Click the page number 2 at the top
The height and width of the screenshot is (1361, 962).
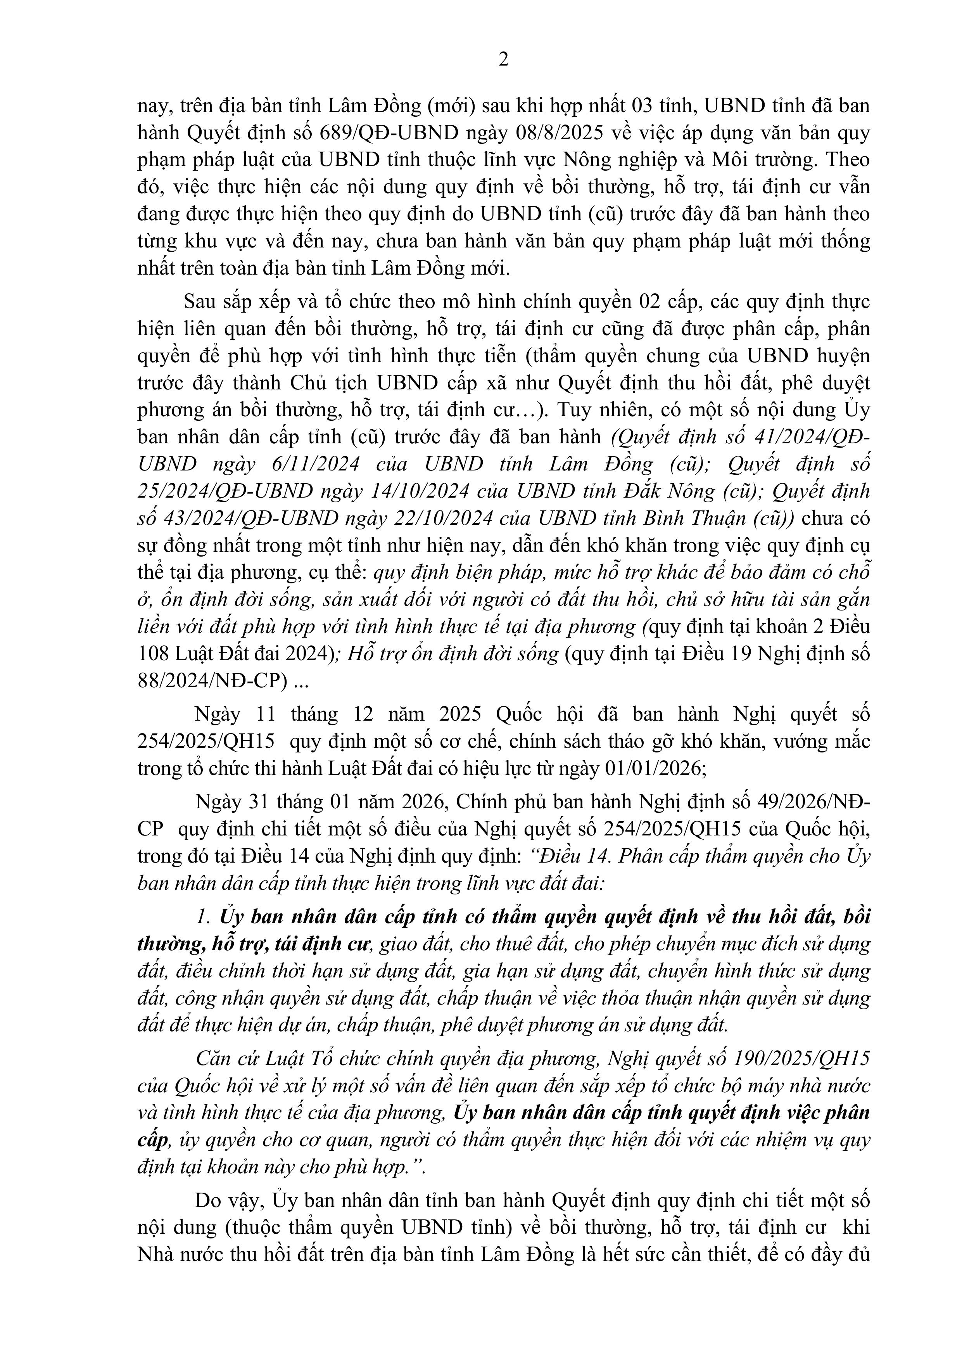[x=503, y=60]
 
